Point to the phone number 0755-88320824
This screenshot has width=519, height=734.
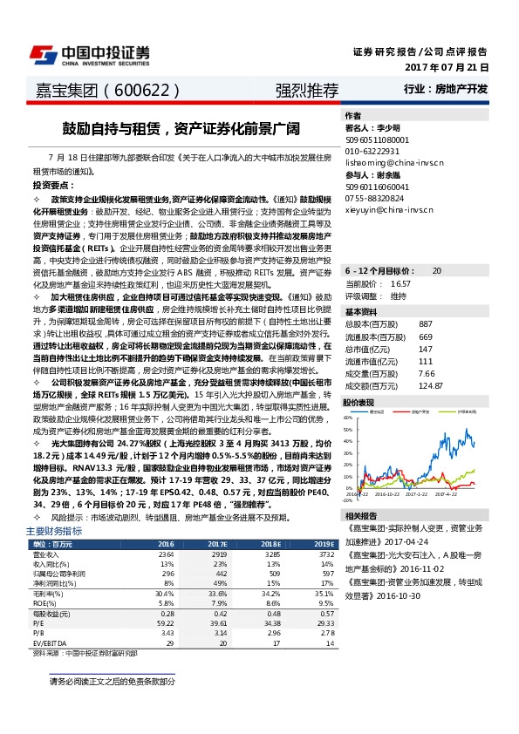tap(376, 198)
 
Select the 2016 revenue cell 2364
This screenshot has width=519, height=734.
tap(167, 554)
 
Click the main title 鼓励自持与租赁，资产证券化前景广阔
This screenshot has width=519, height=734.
tap(181, 129)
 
